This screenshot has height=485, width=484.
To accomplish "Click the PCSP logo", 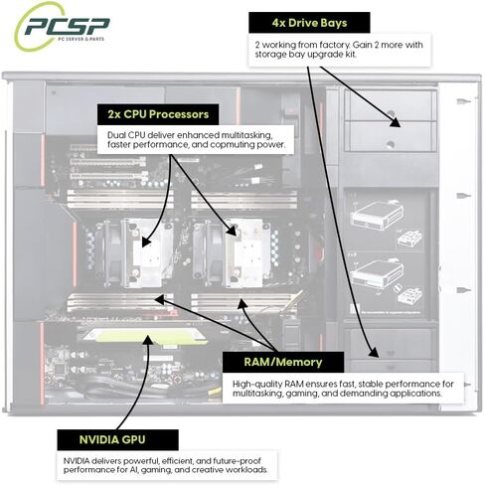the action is coord(62,27).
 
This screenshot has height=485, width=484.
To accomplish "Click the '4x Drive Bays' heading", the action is coord(309,23).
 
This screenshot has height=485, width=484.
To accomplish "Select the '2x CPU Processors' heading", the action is coord(158,114).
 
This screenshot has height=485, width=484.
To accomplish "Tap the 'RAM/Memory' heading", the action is coord(283,362).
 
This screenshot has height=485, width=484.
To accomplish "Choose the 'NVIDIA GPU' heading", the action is coord(112,439).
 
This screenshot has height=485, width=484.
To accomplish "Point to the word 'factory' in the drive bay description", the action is coord(334,45).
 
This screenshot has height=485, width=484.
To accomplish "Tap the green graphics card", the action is coord(146,336).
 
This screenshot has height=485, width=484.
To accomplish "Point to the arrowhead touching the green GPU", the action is coord(148,339).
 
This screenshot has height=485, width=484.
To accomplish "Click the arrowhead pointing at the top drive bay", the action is coord(395,122).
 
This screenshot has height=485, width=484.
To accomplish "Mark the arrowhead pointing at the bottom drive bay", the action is coord(374,353).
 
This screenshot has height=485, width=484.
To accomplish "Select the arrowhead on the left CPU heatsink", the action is coord(146,242).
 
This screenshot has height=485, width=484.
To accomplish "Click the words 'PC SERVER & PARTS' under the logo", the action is coord(81,39).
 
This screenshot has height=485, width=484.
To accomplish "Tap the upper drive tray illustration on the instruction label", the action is coord(377,215).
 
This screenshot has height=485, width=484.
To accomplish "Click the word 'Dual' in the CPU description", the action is coord(116,135).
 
